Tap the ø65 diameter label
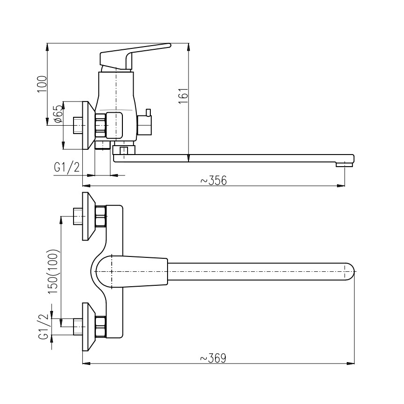(x=58, y=114)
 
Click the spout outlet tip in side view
(x=345, y=164)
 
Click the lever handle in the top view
(x=135, y=271)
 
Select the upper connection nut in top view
(x=101, y=216)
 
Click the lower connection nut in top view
(x=101, y=326)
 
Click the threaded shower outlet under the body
(x=102, y=145)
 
